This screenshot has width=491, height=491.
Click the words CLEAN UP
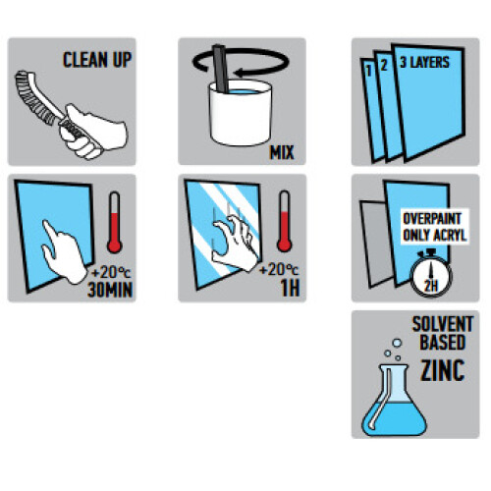coord(97,60)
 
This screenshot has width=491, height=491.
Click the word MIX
coord(282,152)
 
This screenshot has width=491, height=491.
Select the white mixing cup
coord(241,113)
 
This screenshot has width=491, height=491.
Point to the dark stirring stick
coord(221,68)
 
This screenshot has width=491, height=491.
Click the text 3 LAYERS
coord(424,62)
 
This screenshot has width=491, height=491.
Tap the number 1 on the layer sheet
coord(369,71)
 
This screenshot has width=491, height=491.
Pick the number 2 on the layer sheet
coord(384,65)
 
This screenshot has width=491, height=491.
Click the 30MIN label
coord(110,290)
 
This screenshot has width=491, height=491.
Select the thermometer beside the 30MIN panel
coord(115,222)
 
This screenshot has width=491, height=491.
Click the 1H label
coord(290,288)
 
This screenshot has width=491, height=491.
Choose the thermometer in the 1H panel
coord(285,221)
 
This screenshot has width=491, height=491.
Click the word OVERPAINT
coord(432,219)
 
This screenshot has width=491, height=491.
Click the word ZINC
coord(443,370)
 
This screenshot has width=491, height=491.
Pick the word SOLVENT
coord(443,324)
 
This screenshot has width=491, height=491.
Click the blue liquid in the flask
coord(395,419)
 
